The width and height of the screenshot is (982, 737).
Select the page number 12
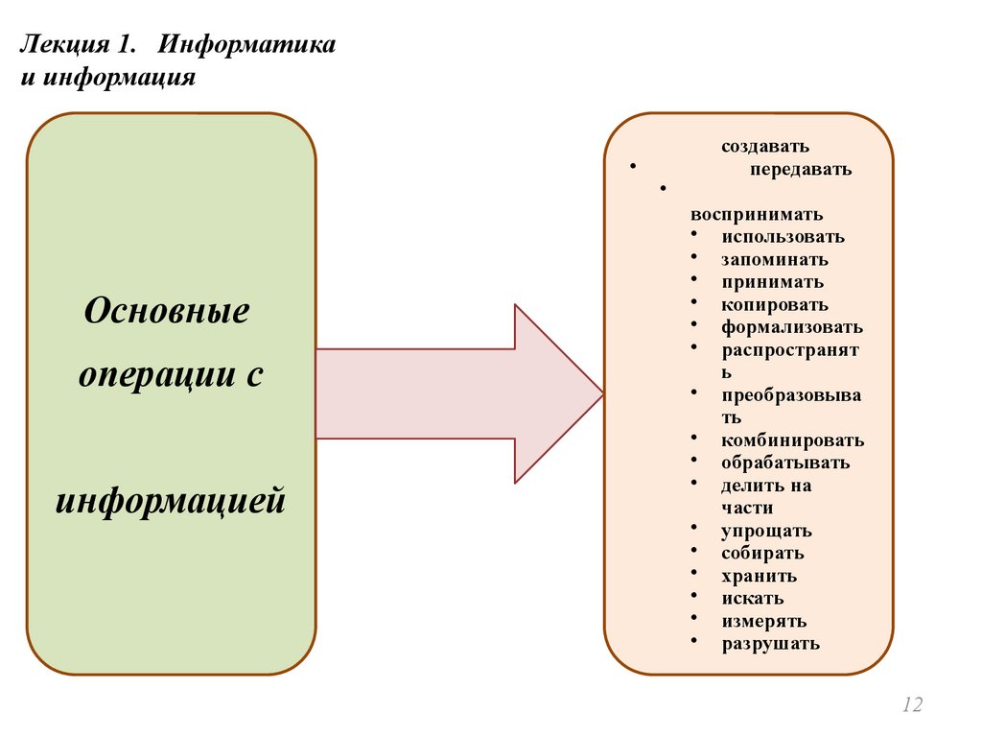tap(912, 705)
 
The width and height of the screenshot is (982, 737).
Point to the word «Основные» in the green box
tap(167, 311)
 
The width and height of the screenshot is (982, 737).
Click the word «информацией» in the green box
tap(171, 501)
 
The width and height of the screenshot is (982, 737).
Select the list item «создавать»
tap(765, 147)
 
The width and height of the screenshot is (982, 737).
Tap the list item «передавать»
tap(801, 170)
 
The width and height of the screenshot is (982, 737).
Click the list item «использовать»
tap(783, 236)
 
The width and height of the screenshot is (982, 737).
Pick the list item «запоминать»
tap(775, 259)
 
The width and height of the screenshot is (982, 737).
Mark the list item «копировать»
tap(775, 304)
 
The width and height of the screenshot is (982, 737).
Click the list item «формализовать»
tap(792, 327)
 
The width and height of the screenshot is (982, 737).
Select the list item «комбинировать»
tap(793, 440)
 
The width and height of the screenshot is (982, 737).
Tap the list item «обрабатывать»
tap(785, 463)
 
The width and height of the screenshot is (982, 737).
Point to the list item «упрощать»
tap(766, 531)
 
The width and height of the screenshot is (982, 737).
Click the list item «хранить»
tap(759, 576)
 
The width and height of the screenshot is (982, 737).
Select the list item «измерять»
tap(763, 621)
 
